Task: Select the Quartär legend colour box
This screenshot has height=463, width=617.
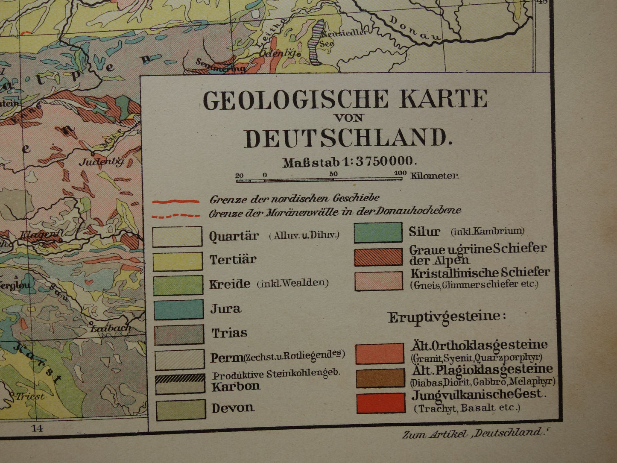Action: tap(177, 237)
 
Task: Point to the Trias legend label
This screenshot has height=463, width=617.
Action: tap(229, 333)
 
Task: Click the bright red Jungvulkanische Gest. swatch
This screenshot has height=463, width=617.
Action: tap(380, 403)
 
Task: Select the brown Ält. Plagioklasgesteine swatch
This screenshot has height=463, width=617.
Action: tap(380, 378)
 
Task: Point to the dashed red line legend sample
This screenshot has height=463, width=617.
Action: tap(175, 216)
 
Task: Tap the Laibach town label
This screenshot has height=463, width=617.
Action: tap(111, 328)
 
